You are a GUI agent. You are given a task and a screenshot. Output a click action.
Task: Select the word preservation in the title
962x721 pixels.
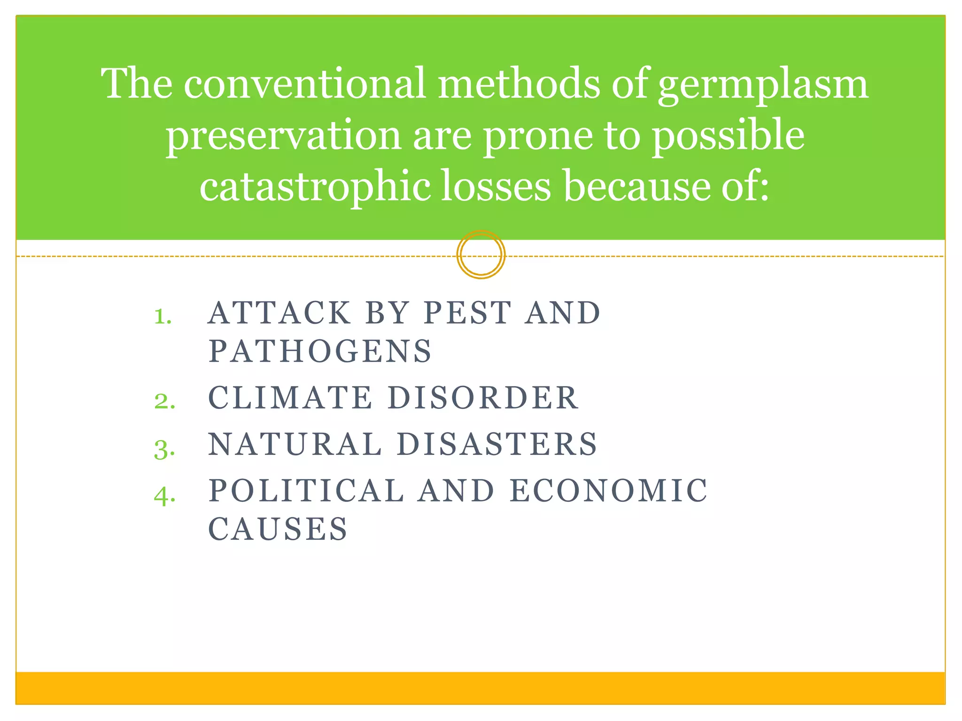point(283,136)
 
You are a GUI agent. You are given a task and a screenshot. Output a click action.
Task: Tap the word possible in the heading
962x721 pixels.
point(729,136)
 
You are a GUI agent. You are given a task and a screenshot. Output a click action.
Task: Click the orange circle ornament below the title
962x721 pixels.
point(481,255)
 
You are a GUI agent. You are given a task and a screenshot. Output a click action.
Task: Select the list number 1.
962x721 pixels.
point(163,316)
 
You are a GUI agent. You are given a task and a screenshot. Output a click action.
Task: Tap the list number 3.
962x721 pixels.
point(164,449)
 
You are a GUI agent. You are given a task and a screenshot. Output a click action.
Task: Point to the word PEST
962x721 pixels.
point(467,313)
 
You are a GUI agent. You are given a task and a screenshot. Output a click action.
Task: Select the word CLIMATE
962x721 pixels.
point(290,398)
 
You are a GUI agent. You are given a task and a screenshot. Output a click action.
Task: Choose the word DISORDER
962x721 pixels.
point(482,398)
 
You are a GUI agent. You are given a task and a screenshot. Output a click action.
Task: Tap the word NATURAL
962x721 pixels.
point(295,444)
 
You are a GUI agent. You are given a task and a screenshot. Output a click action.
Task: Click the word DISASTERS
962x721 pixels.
point(497,444)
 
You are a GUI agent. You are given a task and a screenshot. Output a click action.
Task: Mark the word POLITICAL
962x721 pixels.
point(306,491)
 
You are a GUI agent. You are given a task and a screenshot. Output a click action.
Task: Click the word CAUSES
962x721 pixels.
point(278,529)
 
